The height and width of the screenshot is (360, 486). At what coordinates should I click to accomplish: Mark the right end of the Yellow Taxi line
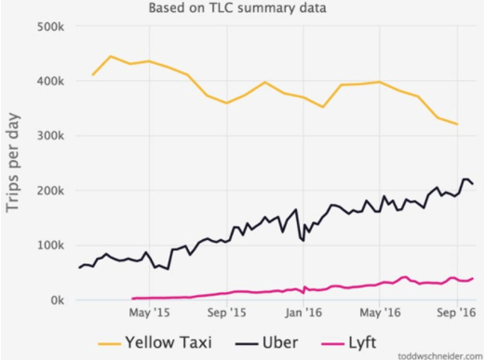tap(457, 124)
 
